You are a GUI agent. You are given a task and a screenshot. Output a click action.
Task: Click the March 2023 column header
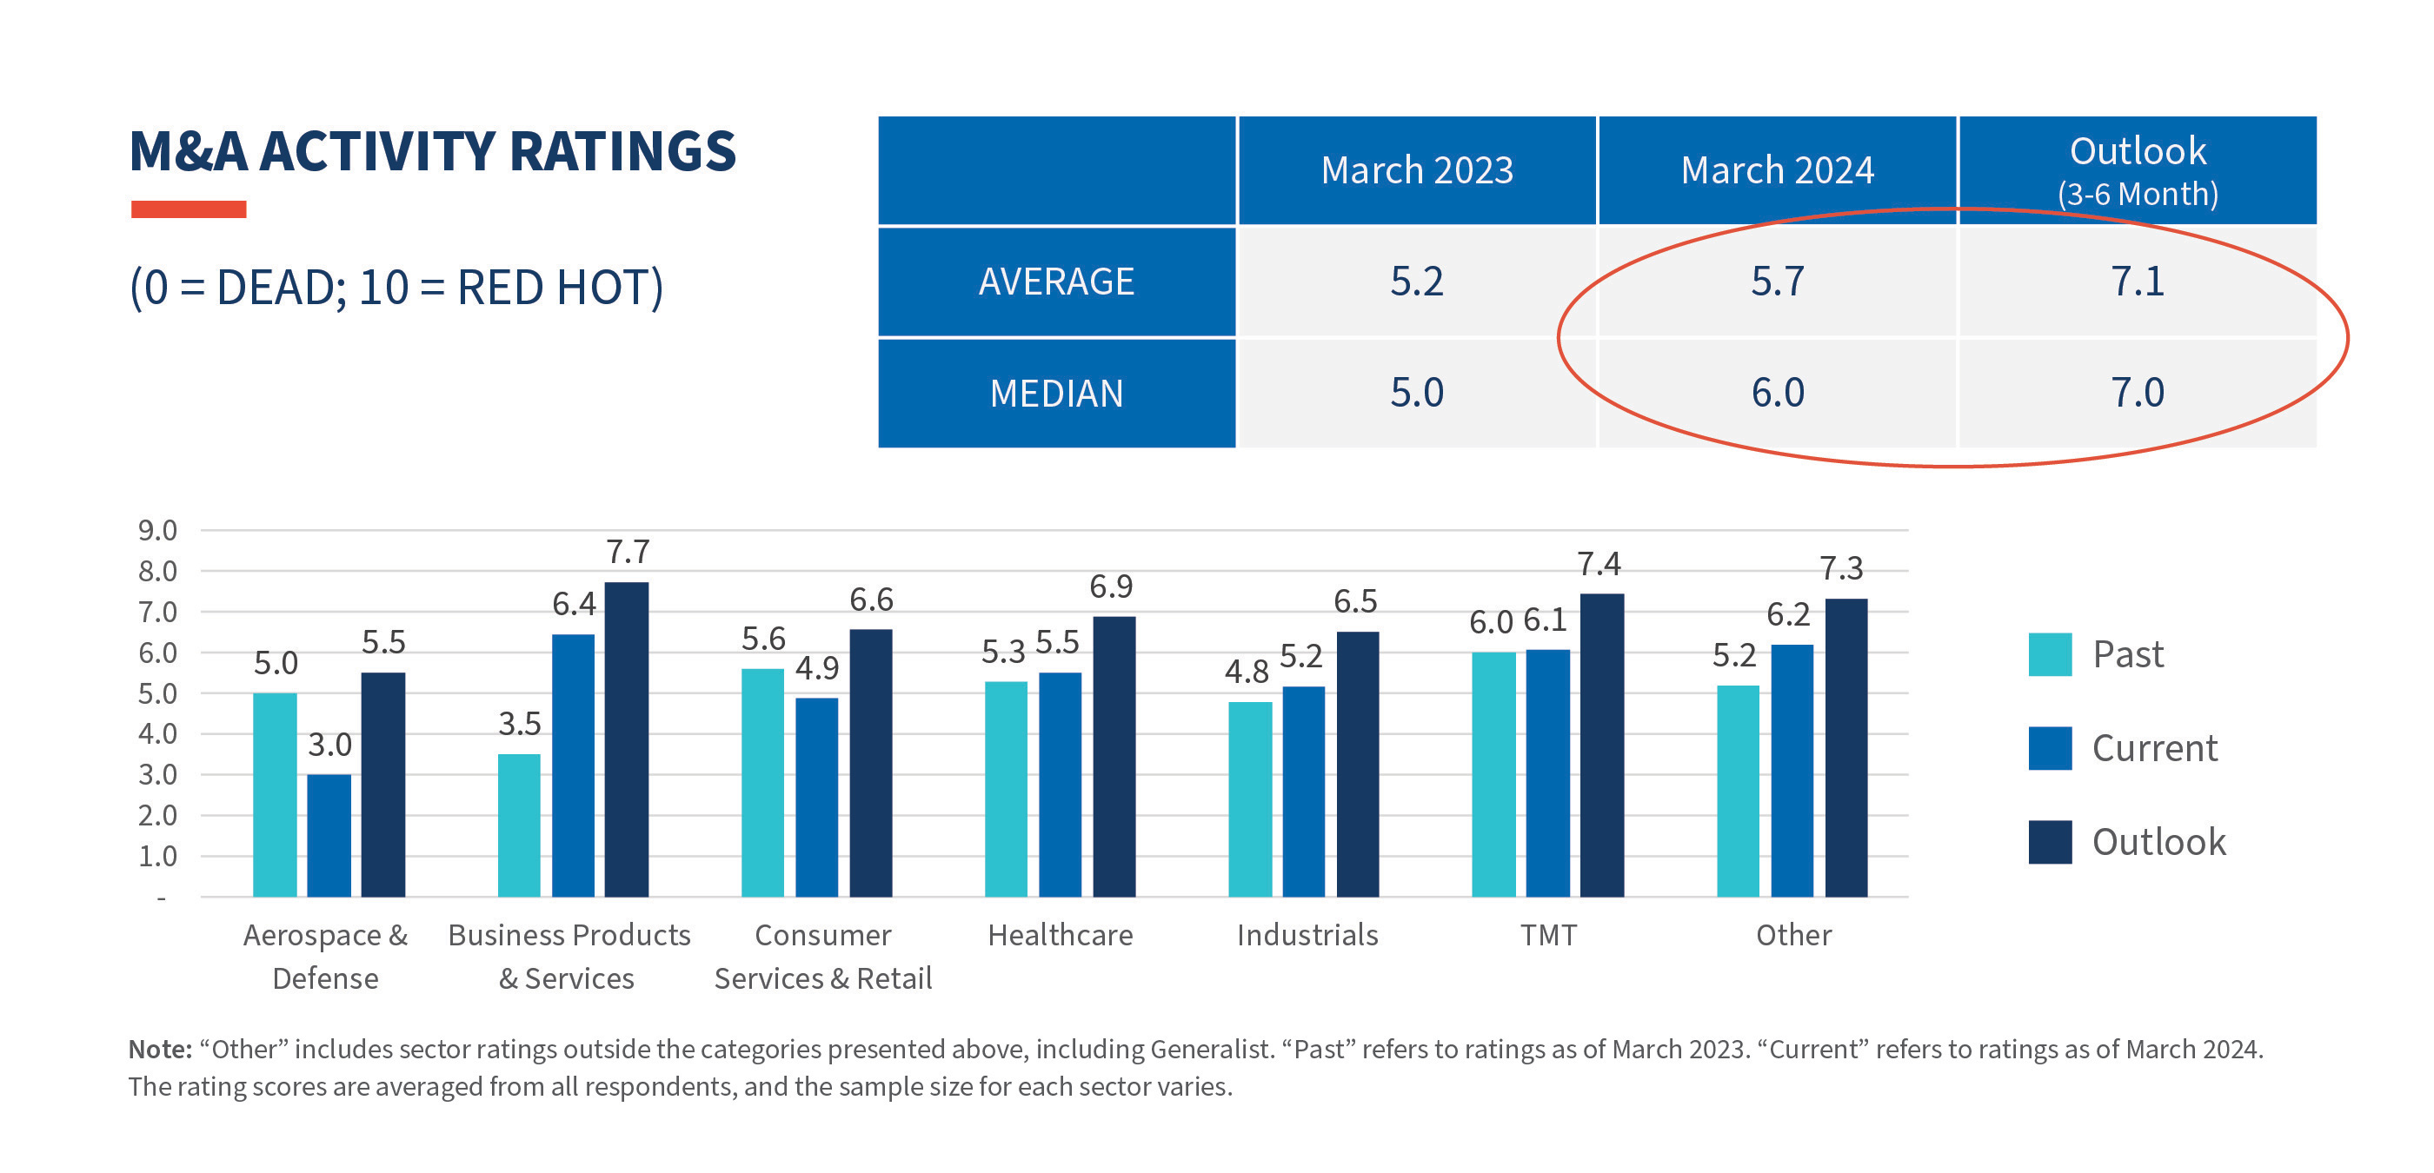tap(1416, 171)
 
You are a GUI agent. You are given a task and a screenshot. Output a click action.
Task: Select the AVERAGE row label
tap(1056, 282)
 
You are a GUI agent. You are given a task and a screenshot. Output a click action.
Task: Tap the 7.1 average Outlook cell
tap(2137, 282)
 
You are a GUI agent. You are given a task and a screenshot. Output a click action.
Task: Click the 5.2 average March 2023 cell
tap(1416, 282)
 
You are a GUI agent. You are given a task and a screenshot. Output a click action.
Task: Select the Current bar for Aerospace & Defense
tap(329, 835)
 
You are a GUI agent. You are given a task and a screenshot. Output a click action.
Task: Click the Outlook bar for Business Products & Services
tap(627, 739)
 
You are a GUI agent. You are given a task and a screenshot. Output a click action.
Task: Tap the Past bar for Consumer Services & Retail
tap(762, 782)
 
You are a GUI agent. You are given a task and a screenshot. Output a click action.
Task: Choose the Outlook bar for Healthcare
tap(1114, 757)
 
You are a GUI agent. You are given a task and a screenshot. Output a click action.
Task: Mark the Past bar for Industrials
tap(1249, 799)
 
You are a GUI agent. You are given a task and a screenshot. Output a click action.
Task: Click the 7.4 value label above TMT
tap(1599, 565)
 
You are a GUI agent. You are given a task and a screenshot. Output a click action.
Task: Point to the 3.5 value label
tap(519, 725)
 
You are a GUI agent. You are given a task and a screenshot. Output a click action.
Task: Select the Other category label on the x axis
tap(1792, 935)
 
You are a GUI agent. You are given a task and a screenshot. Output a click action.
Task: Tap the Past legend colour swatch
tap(2050, 654)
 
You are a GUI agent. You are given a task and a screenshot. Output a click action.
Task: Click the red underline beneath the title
tap(188, 209)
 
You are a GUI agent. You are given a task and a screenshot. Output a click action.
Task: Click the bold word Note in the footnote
tap(160, 1050)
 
